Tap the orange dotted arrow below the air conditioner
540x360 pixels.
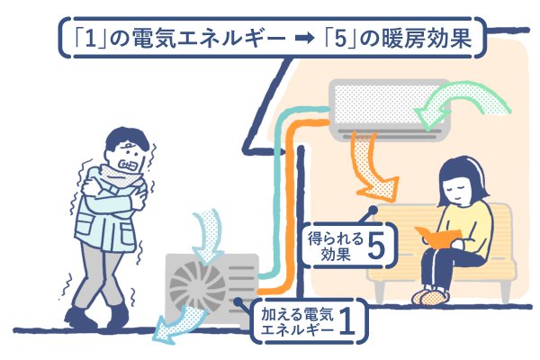click(x=371, y=166)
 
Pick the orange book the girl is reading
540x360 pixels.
click(x=438, y=236)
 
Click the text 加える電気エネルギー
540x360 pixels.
click(x=297, y=322)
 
